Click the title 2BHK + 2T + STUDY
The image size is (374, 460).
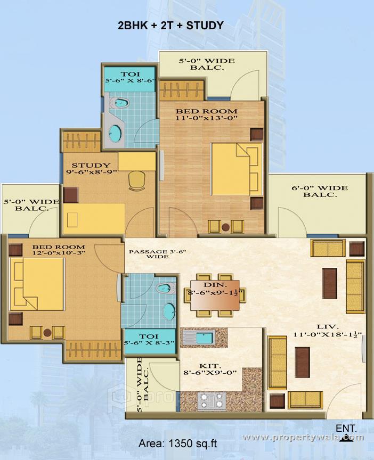170,25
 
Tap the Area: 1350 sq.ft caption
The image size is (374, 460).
177,443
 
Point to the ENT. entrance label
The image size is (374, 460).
346,428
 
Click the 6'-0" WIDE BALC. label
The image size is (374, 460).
320,191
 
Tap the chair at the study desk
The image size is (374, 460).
137,180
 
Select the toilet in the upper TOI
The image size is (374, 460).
120,103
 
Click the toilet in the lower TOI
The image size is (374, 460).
164,288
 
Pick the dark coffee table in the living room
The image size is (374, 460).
303,362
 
